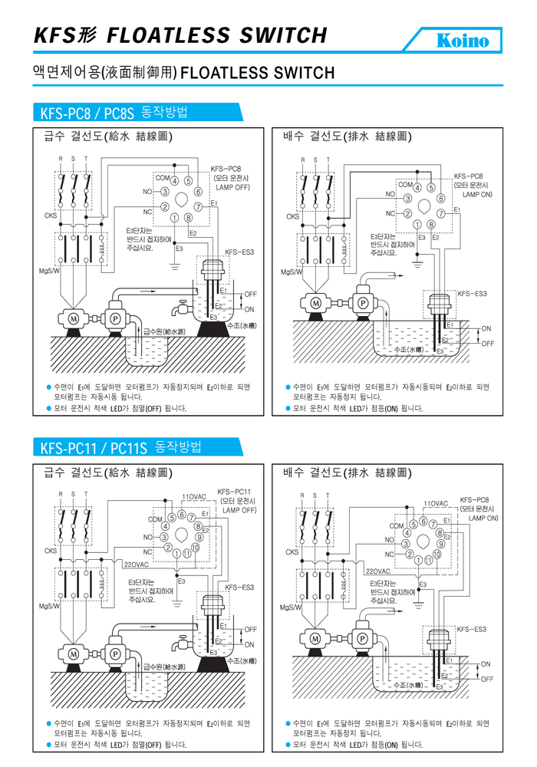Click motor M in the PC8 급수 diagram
(x=74, y=318)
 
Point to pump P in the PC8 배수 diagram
(x=362, y=303)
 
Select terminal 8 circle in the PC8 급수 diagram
(x=189, y=219)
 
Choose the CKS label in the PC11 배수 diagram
(x=292, y=551)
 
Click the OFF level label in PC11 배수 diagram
(x=486, y=678)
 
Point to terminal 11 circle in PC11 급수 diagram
(x=187, y=553)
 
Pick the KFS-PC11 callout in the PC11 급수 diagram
(x=235, y=491)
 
